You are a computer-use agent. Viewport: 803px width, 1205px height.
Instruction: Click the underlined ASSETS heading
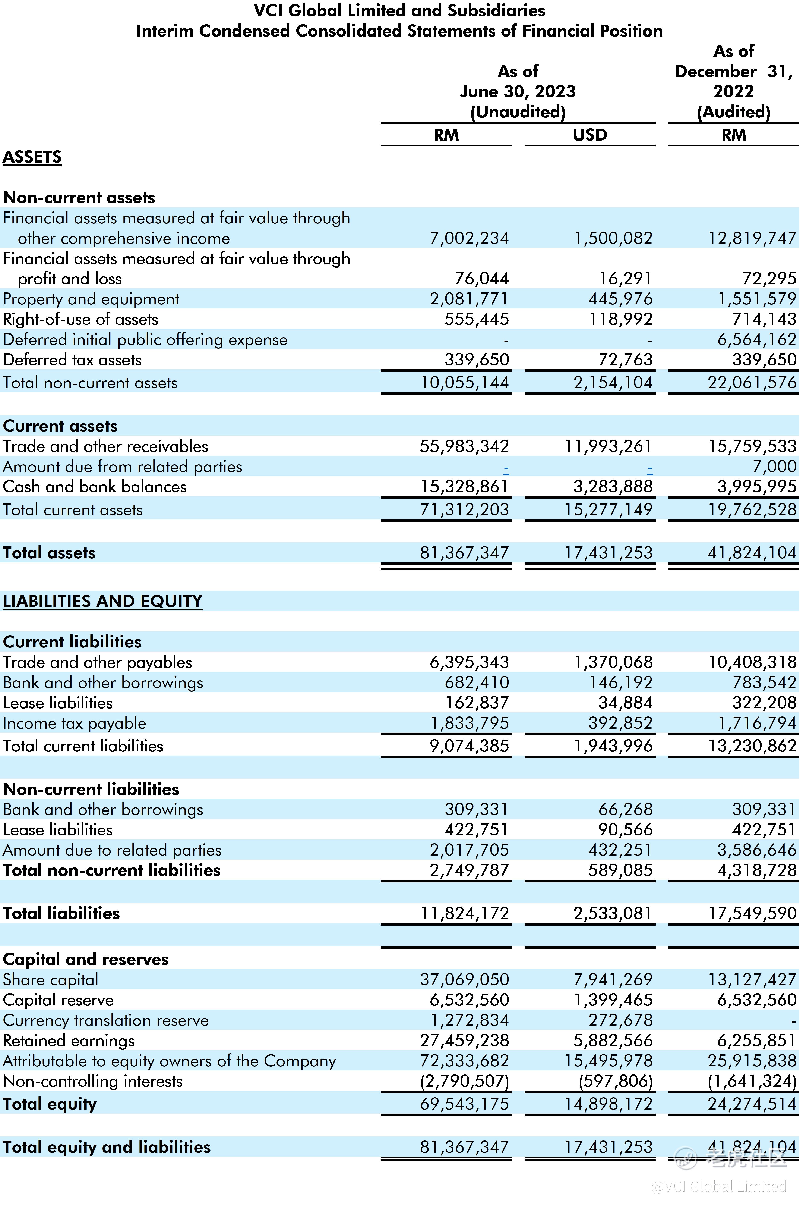[x=32, y=157]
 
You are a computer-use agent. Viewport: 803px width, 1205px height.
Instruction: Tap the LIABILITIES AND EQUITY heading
[x=102, y=601]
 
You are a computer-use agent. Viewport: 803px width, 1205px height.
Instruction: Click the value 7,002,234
[x=469, y=238]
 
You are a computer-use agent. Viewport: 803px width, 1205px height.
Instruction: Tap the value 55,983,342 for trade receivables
[x=464, y=446]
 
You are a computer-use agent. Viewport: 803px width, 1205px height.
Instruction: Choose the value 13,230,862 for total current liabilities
[x=752, y=746]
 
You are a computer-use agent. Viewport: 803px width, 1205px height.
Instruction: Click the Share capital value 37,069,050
[x=464, y=980]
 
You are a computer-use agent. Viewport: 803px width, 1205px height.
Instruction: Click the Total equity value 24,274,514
[x=752, y=1104]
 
